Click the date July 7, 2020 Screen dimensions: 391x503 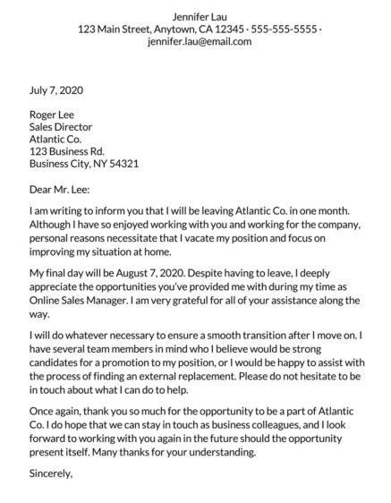click(x=56, y=90)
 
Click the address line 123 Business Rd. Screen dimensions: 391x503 click(x=67, y=151)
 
